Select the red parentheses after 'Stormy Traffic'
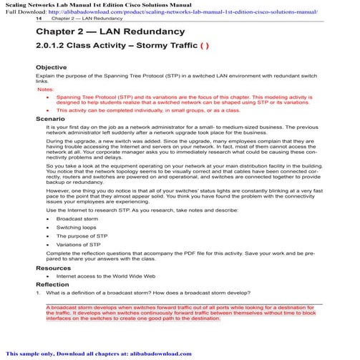(x=203, y=49)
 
